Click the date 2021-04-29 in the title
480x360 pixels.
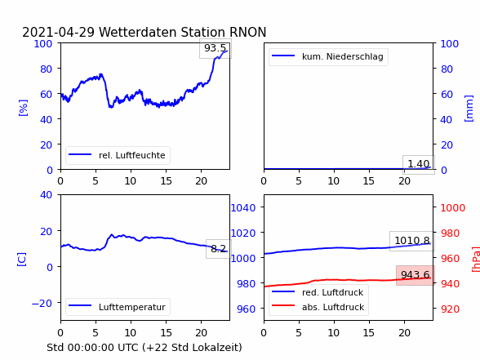pos(58,33)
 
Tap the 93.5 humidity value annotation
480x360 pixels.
pos(215,48)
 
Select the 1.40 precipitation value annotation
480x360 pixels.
pos(419,164)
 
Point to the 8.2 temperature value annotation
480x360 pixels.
pos(218,248)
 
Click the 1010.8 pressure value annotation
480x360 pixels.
pos(412,241)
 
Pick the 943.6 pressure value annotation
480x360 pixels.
pos(415,275)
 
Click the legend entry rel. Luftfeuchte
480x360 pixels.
pos(118,155)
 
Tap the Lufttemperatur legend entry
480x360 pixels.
pos(118,307)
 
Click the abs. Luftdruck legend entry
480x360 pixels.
pos(318,307)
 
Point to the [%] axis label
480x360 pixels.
pos(23,108)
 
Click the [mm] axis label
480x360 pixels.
pos(469,109)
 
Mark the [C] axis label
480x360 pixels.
pos(22,260)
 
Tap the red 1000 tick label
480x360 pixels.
pos(453,208)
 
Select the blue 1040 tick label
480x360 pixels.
pos(243,208)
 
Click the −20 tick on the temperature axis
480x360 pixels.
pos(42,304)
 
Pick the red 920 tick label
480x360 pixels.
pos(450,309)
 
